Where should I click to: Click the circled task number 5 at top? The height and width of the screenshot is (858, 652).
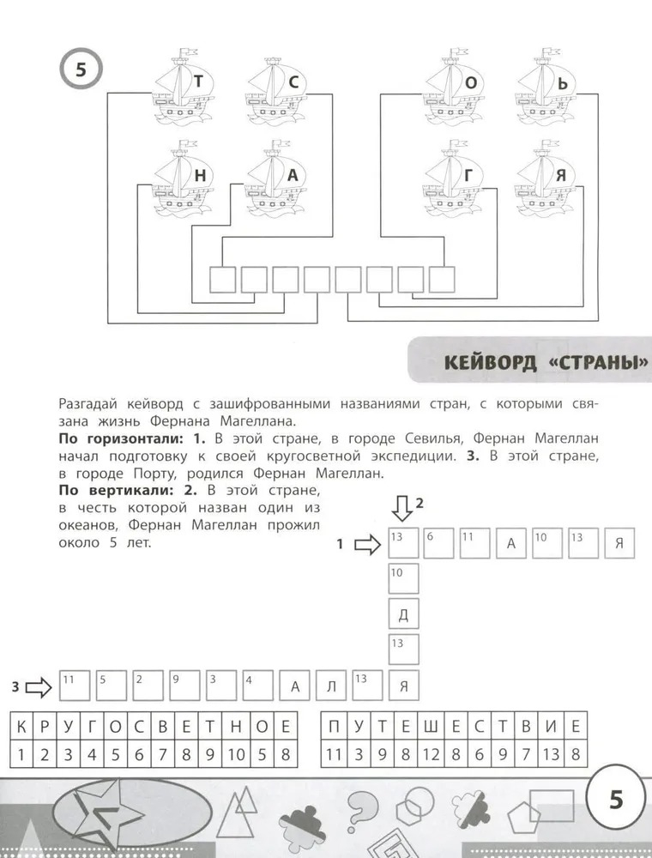tap(81, 70)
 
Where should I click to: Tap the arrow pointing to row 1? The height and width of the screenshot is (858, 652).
tap(366, 544)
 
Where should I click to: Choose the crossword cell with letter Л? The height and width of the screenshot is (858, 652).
tap(331, 686)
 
